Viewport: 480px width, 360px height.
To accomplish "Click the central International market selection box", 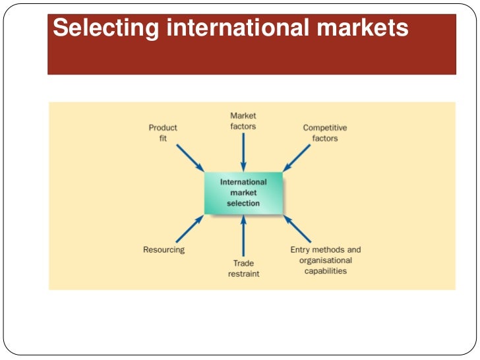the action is (x=243, y=193).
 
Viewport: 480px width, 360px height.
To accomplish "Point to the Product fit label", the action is (x=163, y=133).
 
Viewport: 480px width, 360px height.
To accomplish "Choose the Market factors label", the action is (x=243, y=121).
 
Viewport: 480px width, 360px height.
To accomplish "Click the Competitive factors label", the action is (x=324, y=133).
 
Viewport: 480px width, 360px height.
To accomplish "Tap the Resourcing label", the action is (x=164, y=250).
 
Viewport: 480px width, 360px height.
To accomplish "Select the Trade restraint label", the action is (x=243, y=268).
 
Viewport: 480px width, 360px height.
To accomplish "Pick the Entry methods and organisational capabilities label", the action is (x=326, y=260).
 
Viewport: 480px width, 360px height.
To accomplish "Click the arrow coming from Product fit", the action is (x=190, y=158).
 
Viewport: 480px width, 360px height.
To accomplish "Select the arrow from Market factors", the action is (x=243, y=151).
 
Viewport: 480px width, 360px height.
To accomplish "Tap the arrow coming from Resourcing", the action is (x=190, y=228).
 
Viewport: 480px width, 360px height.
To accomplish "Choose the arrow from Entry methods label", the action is (x=297, y=228).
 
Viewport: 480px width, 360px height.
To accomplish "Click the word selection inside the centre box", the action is (x=243, y=204).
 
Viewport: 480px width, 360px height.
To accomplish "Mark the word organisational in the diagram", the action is (x=326, y=260).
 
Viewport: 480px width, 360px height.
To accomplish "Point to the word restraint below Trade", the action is (x=243, y=274).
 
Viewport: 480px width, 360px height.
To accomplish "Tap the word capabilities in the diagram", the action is (x=326, y=270).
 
